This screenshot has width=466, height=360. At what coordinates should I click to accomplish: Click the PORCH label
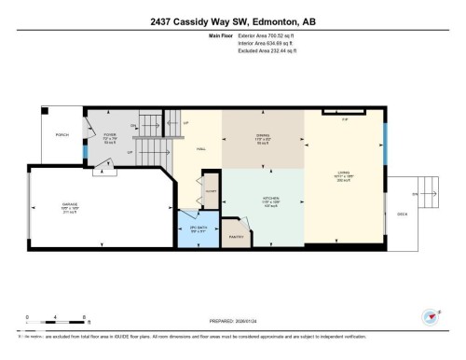tap(62, 134)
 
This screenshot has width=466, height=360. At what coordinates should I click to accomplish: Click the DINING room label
tap(263, 137)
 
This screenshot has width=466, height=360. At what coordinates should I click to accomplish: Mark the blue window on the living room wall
tap(387, 151)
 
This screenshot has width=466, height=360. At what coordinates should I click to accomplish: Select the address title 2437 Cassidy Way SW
tap(232, 16)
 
